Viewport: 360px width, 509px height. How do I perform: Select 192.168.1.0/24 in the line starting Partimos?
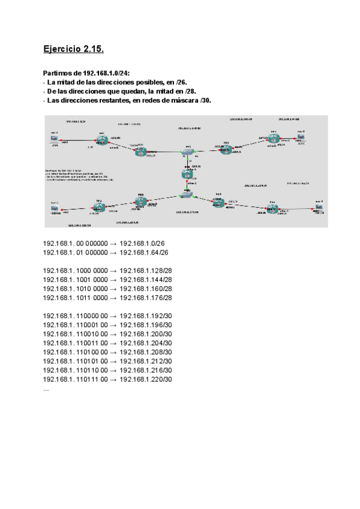click(105, 72)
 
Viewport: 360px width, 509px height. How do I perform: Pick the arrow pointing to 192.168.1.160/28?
click(113, 289)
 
